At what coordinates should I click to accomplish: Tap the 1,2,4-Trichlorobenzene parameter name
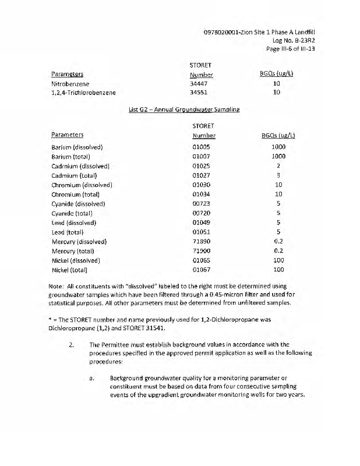click(x=84, y=93)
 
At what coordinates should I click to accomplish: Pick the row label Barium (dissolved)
click(x=77, y=147)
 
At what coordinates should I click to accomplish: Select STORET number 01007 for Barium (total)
click(x=202, y=157)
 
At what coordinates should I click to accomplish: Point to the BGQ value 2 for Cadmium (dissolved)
click(x=278, y=166)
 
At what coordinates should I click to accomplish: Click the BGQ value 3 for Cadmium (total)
click(x=278, y=175)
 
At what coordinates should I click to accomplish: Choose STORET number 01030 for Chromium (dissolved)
click(x=202, y=185)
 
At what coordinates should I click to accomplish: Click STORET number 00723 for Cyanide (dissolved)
click(x=202, y=204)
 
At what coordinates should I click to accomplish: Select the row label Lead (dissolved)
click(x=73, y=223)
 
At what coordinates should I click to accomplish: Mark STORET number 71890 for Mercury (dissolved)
click(x=202, y=242)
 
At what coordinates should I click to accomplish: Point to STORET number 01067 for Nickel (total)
click(x=202, y=270)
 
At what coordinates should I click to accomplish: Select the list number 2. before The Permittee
click(x=71, y=344)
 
